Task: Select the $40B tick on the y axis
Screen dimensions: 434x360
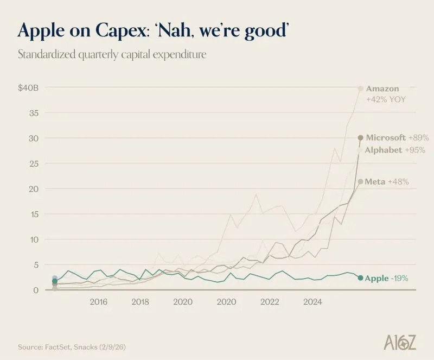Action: (28, 88)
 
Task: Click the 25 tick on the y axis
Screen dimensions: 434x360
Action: (34, 163)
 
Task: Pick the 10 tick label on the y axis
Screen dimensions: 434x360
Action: (34, 239)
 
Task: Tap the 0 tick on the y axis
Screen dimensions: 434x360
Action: (36, 290)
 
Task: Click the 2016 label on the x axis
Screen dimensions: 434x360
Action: (98, 301)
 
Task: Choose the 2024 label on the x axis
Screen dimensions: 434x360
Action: (312, 301)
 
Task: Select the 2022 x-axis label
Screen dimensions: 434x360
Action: (270, 301)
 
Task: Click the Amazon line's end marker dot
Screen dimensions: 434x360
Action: (360, 89)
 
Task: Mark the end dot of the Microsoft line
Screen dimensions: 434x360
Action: (360, 137)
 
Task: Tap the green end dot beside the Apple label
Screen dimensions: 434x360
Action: (360, 277)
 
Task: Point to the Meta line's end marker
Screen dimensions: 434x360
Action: (360, 181)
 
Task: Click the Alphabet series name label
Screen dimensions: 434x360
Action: (384, 150)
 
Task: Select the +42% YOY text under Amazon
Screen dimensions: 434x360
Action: (386, 99)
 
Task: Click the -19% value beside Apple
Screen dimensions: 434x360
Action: (399, 278)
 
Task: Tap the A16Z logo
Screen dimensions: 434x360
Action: (400, 342)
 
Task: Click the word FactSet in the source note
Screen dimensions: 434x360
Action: (59, 347)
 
